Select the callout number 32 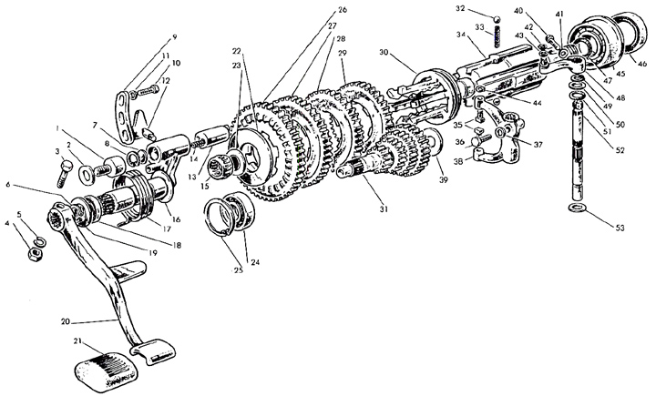click(486, 8)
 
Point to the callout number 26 click(316, 10)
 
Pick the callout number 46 click(641, 64)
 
